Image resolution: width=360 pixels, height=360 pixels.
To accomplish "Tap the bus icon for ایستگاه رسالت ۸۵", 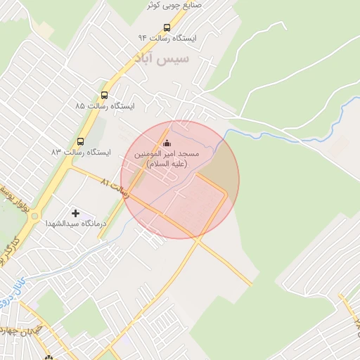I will (105, 95).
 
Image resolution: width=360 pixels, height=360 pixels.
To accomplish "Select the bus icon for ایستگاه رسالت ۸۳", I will (79, 141).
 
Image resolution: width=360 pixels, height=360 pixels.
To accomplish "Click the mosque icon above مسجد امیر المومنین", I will (167, 143).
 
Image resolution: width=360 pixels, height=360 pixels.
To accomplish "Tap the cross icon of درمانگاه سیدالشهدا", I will (75, 212).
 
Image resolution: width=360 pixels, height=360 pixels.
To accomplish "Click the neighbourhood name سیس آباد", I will (164, 58).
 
